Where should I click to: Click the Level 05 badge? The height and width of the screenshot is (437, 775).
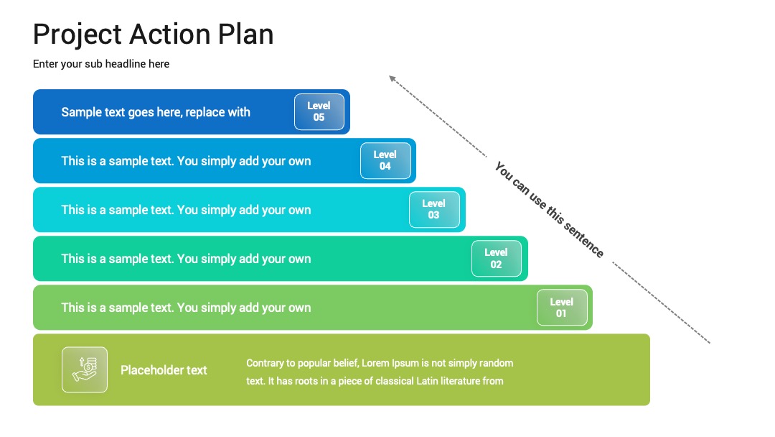pos(319,112)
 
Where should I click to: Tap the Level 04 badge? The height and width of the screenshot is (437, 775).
pos(385,161)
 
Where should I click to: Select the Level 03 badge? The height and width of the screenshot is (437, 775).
pos(434,210)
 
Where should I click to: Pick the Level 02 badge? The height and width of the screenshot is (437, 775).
pos(497,258)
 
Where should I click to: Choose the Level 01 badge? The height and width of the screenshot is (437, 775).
pos(562,308)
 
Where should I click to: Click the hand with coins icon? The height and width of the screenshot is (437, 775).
pos(85,369)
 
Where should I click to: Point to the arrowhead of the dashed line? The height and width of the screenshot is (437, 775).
pos(392,78)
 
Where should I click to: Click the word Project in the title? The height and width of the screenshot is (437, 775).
pos(77,34)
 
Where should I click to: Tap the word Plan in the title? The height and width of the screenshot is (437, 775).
pos(245,34)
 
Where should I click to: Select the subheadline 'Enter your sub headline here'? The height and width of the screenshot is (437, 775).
pos(101,64)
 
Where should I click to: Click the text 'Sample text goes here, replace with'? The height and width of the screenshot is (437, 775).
pos(156,112)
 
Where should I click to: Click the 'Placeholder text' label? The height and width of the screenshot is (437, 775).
pos(164,370)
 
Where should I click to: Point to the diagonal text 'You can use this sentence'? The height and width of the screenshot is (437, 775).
pos(549,209)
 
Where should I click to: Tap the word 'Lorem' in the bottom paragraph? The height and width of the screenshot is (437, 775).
pos(375,363)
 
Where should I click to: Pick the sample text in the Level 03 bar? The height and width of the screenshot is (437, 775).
pos(186,210)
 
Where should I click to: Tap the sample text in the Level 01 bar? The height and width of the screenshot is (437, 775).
pos(186,308)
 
